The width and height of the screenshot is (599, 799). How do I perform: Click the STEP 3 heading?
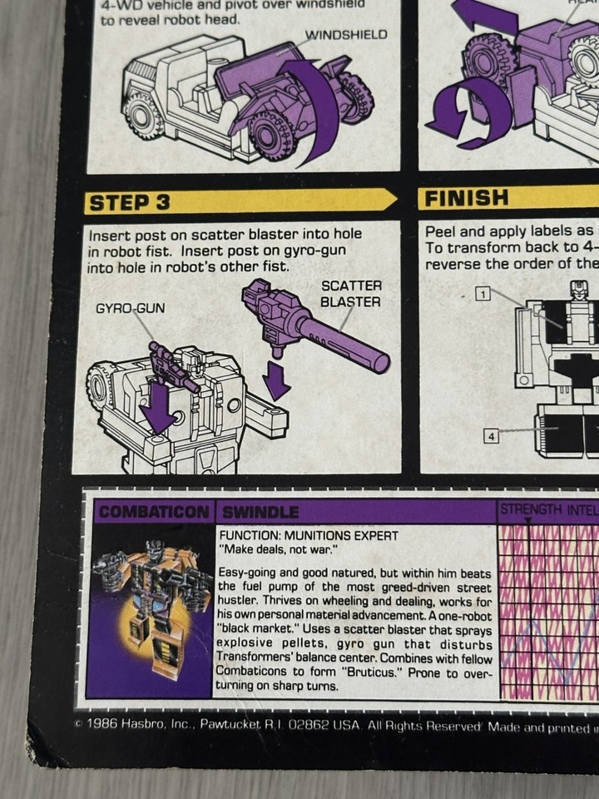point(131,202)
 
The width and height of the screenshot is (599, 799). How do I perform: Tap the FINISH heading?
point(466,198)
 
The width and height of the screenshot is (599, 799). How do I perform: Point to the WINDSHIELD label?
point(347,35)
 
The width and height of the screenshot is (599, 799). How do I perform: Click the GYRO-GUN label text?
point(130,308)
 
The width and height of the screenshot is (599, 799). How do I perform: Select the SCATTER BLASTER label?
point(350,294)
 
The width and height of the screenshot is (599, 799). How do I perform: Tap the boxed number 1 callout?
point(483,292)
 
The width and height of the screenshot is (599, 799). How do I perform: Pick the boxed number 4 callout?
point(493,434)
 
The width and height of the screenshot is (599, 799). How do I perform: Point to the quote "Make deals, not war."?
point(275,550)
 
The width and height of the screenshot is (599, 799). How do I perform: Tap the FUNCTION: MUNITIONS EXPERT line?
point(308,535)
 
